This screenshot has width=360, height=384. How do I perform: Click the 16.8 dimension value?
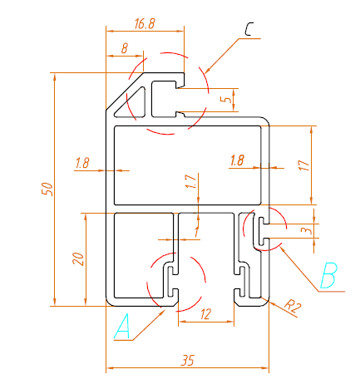click(145, 24)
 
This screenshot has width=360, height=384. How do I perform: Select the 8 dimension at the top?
click(125, 49)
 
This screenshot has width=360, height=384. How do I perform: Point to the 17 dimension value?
click(304, 165)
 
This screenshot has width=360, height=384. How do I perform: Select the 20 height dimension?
click(78, 258)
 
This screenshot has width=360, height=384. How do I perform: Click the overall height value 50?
click(47, 189)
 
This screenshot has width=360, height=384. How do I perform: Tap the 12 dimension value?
click(205, 313)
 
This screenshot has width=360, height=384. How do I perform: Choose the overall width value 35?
click(187, 360)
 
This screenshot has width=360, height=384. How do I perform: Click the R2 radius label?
click(292, 307)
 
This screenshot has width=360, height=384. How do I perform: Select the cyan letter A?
click(122, 327)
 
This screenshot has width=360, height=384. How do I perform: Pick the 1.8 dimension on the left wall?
click(81, 163)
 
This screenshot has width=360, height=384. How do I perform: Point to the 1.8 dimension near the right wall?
click(237, 160)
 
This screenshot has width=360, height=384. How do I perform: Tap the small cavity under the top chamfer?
click(162, 97)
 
